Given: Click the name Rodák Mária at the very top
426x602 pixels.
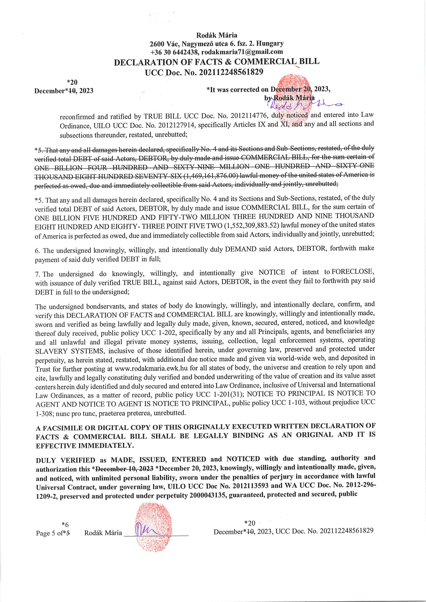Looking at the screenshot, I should [217, 35].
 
